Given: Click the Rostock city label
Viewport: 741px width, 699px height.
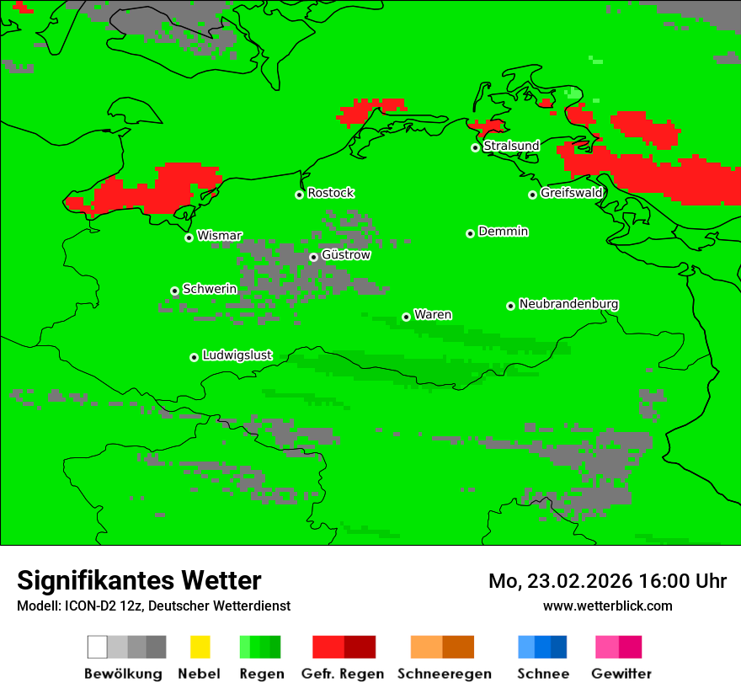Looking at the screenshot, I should pos(331,193).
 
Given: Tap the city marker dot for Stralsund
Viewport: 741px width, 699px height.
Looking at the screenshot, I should pos(475,147).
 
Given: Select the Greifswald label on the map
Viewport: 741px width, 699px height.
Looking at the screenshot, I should pos(572,193).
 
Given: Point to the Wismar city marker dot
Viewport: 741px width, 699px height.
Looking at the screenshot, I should pos(189,237).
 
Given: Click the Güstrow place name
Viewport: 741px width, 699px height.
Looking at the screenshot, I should pos(346,254).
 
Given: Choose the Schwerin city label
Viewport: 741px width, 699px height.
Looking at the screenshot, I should pos(210,289).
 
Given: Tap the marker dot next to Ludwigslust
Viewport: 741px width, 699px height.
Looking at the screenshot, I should pos(194,357).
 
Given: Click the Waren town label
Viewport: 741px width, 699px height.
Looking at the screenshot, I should pos(433,314).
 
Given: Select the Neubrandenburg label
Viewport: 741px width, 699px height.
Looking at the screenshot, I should pos(569,304).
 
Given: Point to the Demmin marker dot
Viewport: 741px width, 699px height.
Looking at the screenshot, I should pos(470,233).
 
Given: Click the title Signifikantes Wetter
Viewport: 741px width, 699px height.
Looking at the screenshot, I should pos(139,580).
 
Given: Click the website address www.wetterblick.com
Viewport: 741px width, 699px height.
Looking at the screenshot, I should pos(607,606).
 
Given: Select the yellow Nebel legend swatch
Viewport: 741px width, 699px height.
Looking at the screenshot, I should pos(200,647).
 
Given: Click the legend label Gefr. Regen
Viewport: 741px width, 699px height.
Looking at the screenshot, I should pos(343,674).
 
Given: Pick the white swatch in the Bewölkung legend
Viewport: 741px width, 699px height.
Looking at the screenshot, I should pos(98,647).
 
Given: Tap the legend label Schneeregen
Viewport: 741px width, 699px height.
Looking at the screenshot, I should pos(445,674).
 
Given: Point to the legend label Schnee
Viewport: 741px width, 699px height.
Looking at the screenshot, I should pos(543,674).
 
